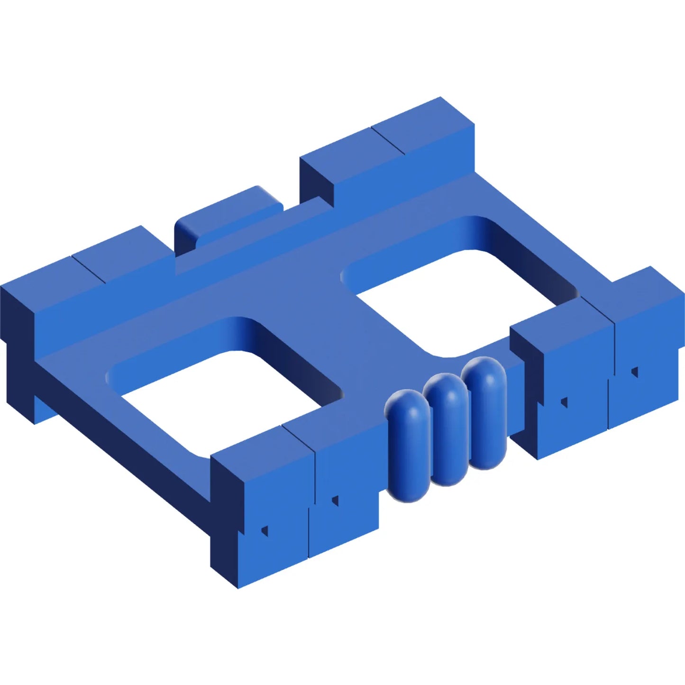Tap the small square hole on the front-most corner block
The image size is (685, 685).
click(265, 530)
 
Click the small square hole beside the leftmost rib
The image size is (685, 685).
click(335, 501)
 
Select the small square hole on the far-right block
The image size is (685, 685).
click(634, 372)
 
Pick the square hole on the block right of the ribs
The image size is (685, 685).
click(564, 402)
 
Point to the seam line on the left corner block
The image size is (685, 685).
click(89, 270)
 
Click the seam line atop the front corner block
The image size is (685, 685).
click(299, 436)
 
